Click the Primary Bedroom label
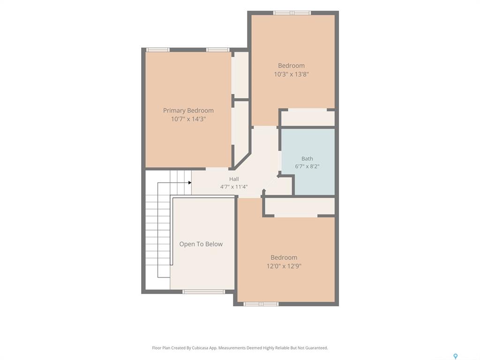(188, 111)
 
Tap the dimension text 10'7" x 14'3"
(188, 119)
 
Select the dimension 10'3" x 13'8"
(292, 74)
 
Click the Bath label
(307, 158)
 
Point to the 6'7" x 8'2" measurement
(307, 166)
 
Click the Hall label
(234, 179)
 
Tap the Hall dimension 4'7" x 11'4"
(234, 187)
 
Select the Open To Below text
(201, 244)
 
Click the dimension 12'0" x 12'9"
(284, 266)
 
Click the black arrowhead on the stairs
(190, 183)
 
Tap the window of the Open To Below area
(203, 292)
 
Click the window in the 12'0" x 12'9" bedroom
(261, 304)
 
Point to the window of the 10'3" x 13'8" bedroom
(292, 13)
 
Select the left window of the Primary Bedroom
(157, 50)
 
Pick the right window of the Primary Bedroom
(217, 50)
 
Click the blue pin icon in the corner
(456, 356)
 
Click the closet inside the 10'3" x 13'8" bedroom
(307, 118)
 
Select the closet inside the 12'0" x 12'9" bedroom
(300, 207)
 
